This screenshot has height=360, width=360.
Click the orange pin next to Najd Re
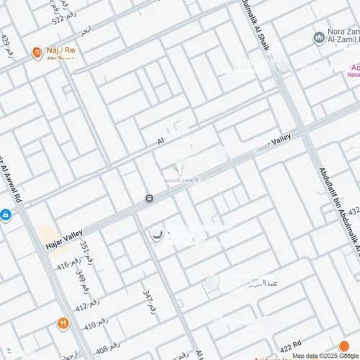point(37,53)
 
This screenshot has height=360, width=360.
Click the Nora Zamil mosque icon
point(318,37)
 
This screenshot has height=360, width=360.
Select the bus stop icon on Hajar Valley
point(149,198)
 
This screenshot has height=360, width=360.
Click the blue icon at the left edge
point(5,215)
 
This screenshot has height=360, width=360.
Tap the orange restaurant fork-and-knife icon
point(63,325)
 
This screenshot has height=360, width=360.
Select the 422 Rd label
point(292,345)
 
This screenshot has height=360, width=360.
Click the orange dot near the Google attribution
point(344,346)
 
